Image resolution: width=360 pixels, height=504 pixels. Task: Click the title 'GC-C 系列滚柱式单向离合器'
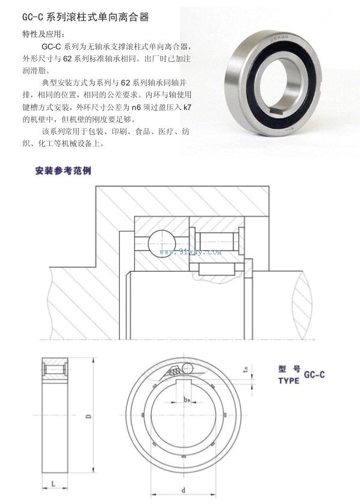pos(85,17)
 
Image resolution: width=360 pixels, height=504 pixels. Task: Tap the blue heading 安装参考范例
pos(63,171)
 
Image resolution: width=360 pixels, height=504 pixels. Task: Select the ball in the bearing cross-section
pos(162,243)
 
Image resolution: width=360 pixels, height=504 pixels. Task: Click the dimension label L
pos(54,484)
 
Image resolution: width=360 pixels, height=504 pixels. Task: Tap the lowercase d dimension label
pos(184,490)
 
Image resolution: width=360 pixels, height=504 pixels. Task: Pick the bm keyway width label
pos(187,399)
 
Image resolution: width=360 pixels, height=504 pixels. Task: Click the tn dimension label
pos(246,369)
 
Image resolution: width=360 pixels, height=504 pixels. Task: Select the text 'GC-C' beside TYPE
pos(314,375)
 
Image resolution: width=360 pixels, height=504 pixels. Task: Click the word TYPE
pos(288,381)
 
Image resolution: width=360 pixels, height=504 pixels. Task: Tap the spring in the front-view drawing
pos(175,372)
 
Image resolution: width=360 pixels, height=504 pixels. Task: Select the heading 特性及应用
pos(41,34)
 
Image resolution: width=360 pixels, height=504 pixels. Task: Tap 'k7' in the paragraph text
pos(187,108)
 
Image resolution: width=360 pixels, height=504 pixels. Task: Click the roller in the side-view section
pos(54,369)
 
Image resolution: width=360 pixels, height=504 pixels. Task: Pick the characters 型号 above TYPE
pos(289,369)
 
